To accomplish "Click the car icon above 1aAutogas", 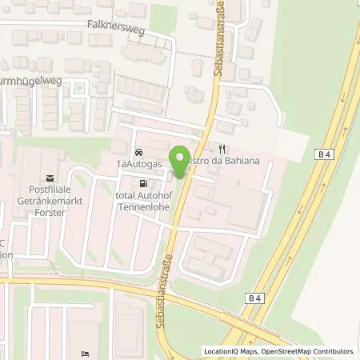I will point(139,151).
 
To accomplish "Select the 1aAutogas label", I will point(139,163).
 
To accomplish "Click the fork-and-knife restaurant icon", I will point(223,149).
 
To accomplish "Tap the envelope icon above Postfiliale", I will point(50,178).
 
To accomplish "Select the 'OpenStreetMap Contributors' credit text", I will point(307,351).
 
